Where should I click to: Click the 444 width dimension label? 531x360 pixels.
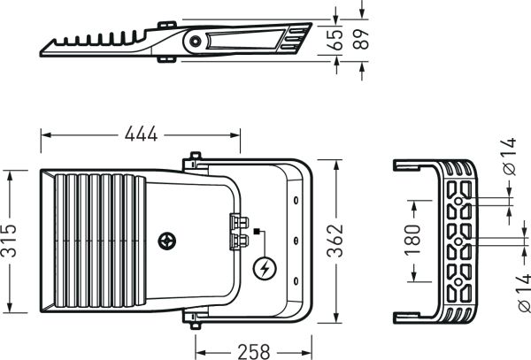141,134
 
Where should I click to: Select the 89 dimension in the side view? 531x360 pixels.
358,39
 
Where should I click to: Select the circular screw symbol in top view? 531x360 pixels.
166,241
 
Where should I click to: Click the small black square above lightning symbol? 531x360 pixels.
256,233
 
